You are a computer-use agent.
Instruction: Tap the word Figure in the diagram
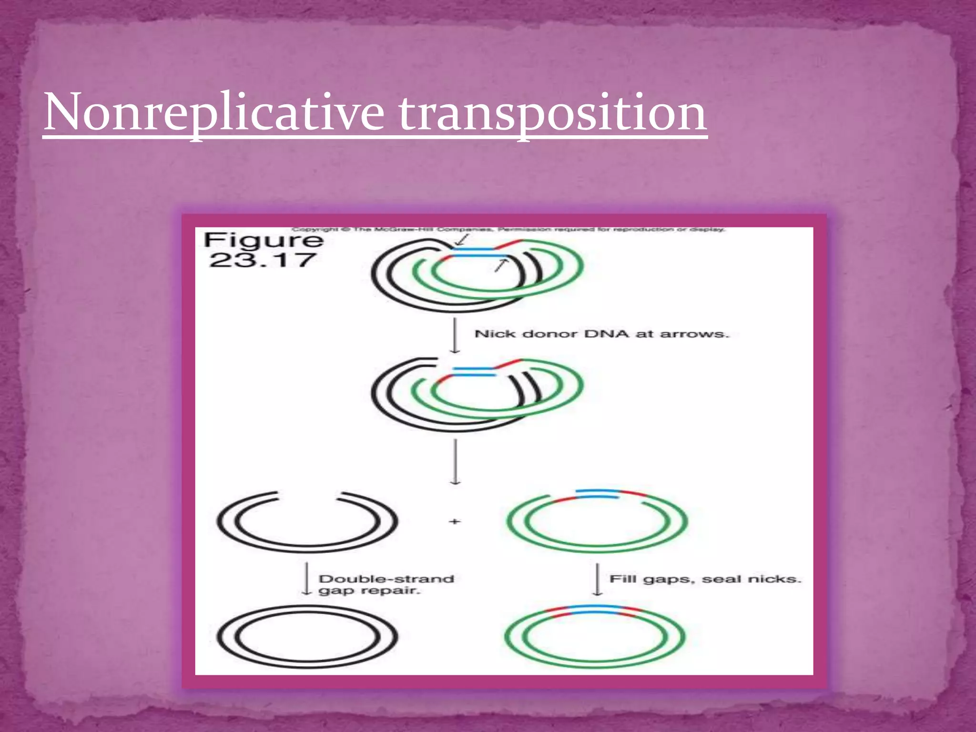coord(264,240)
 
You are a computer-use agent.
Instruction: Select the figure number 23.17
coord(263,260)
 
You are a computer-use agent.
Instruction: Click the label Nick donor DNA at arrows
coord(601,334)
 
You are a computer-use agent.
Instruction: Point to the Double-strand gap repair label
coord(386,585)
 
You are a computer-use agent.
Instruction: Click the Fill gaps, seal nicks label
coord(705,579)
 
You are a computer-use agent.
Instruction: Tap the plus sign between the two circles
coord(455,521)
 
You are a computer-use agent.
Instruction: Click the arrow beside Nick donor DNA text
coord(455,336)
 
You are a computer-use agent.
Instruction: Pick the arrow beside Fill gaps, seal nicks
coord(598,579)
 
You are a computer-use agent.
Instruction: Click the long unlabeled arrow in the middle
coord(455,461)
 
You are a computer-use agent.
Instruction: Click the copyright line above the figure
coord(508,230)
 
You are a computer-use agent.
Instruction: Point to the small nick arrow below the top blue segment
coord(501,265)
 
